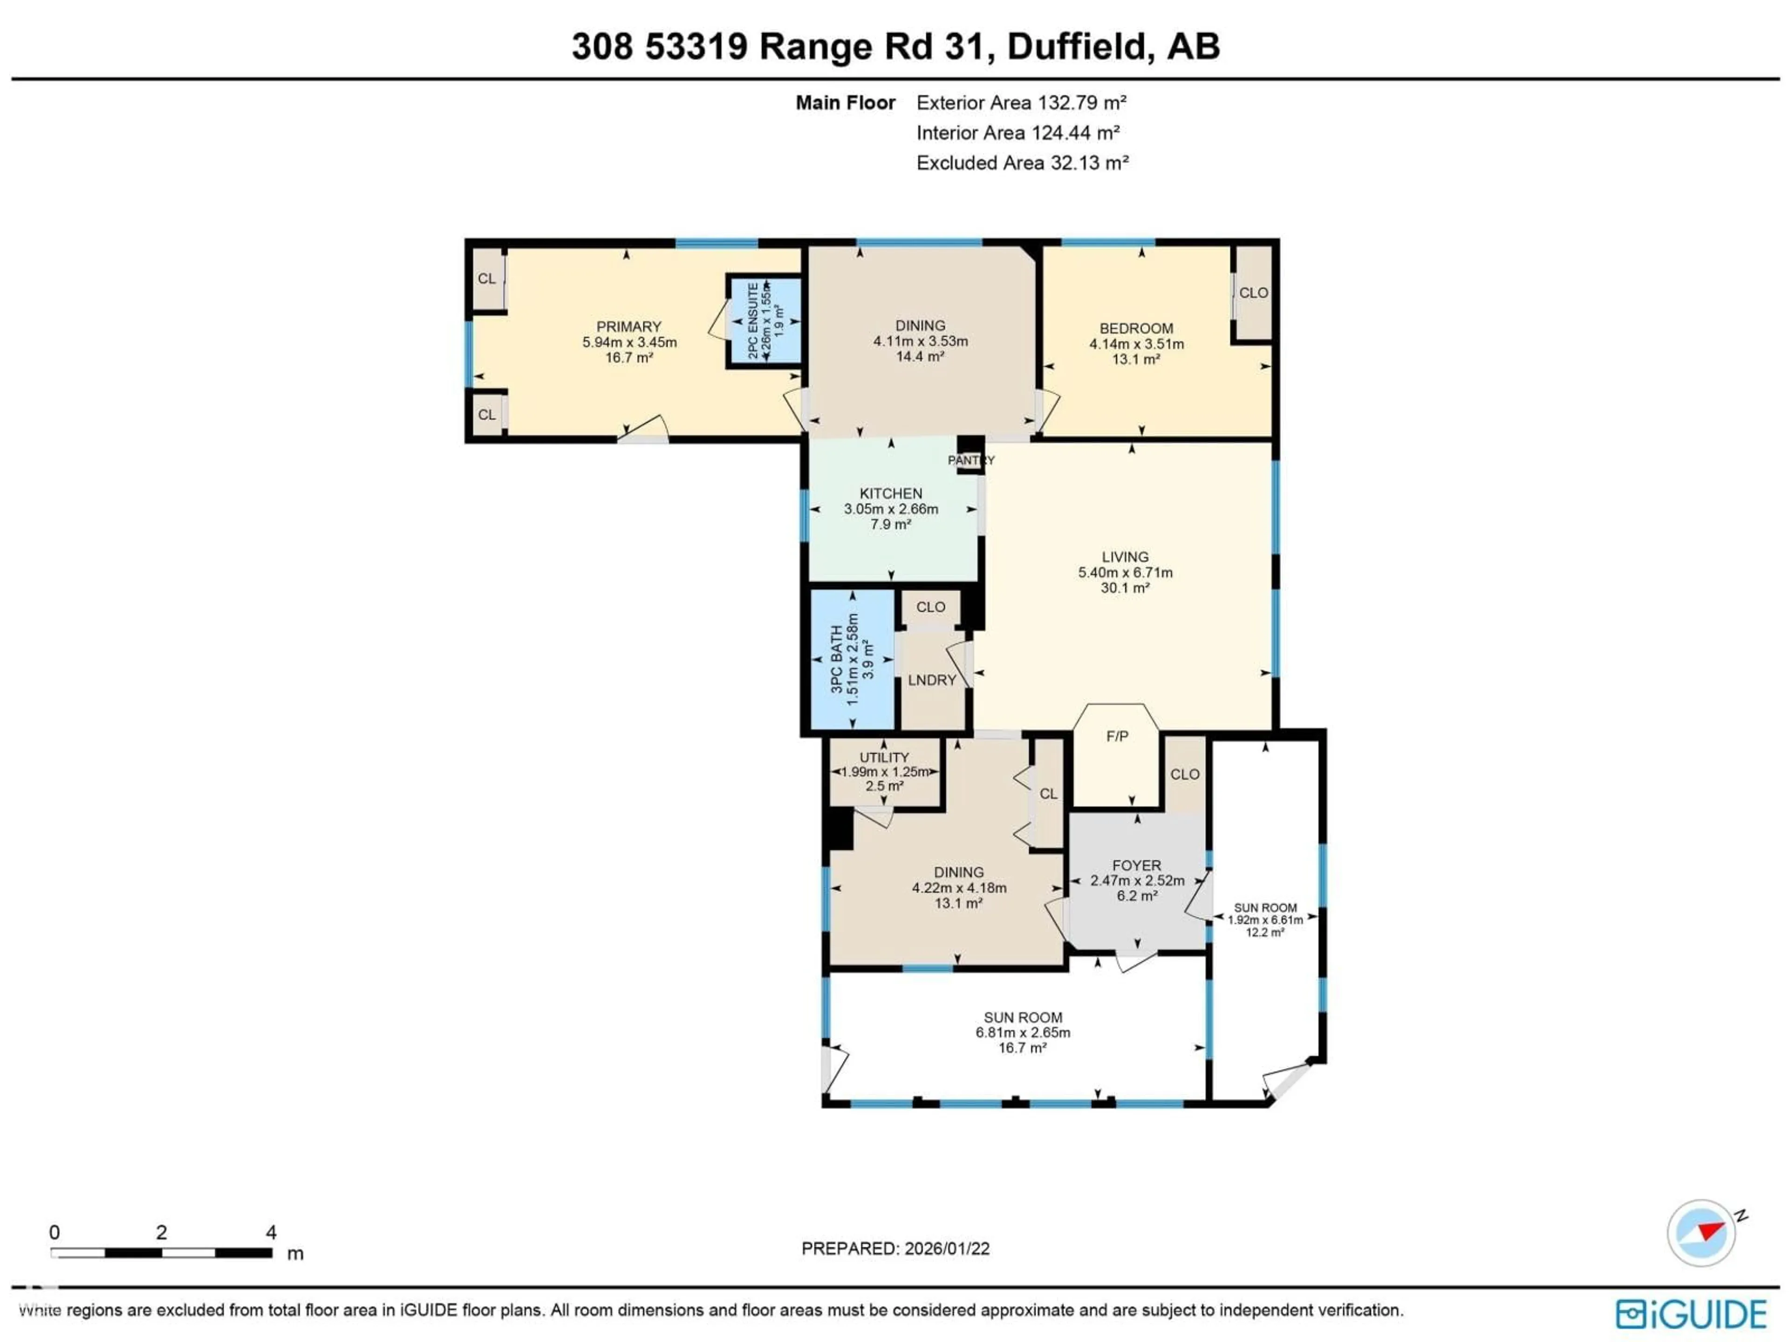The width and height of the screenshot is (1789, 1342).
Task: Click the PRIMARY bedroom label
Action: [628, 327]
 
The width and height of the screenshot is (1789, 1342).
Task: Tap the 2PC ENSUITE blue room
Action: [765, 321]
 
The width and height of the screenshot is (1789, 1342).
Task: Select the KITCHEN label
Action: [890, 493]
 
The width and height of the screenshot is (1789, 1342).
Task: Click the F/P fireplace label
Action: [1117, 736]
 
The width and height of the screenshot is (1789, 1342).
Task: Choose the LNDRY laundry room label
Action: [932, 680]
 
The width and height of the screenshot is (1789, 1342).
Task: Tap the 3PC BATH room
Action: [853, 659]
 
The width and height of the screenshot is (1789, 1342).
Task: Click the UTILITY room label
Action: [884, 757]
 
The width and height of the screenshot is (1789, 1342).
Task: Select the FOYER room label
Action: [1136, 866]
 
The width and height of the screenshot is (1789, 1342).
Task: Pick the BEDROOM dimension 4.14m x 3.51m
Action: [1136, 344]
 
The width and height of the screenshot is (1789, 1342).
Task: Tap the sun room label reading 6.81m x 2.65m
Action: [1022, 1033]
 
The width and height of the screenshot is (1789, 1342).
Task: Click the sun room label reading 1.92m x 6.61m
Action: [1265, 920]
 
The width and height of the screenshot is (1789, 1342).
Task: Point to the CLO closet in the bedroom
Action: [1253, 293]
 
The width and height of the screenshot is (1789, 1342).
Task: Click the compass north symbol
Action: [1702, 1233]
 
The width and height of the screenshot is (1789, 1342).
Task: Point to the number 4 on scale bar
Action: [271, 1232]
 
